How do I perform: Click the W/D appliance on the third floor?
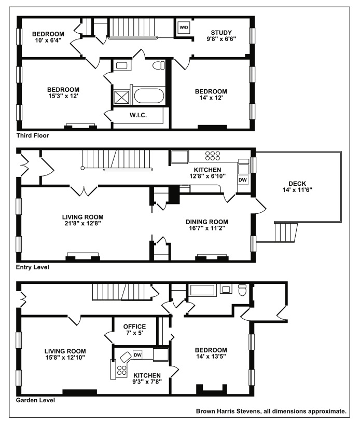click(x=184, y=28)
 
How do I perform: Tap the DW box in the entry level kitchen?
click(x=243, y=180)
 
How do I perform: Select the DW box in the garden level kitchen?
click(x=137, y=355)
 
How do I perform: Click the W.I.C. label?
click(x=138, y=115)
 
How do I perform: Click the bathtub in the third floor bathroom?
click(x=149, y=96)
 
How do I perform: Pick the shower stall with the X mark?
click(x=122, y=97)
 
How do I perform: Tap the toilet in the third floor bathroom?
click(x=159, y=65)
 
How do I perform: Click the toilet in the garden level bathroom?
click(x=242, y=290)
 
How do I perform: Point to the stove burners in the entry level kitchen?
click(x=213, y=156)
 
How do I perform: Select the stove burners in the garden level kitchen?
click(x=121, y=370)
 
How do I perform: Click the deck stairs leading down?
click(x=286, y=232)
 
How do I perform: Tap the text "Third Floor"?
click(x=33, y=135)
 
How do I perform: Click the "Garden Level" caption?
click(x=35, y=400)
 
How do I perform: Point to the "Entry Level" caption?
click(x=33, y=267)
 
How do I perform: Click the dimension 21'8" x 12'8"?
click(x=82, y=223)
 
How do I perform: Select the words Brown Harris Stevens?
click(x=228, y=412)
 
